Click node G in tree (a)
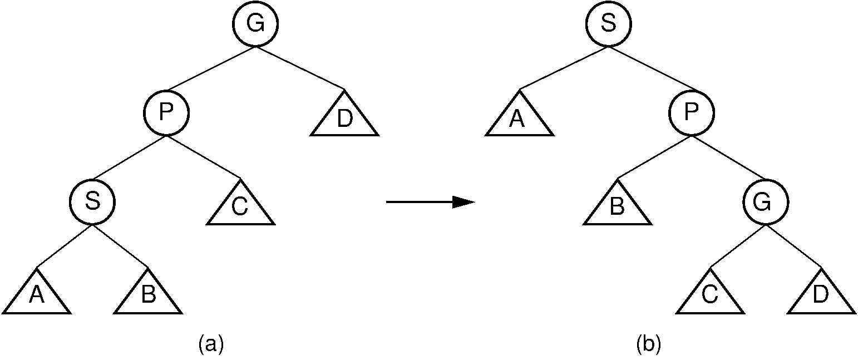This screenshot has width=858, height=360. click(255, 24)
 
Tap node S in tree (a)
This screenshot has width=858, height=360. click(92, 201)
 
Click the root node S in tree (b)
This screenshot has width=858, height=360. click(608, 24)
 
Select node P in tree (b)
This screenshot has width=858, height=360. click(692, 113)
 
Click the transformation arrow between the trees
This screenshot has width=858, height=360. click(430, 202)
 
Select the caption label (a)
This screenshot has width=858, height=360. click(211, 345)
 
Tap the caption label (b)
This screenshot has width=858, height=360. click(648, 345)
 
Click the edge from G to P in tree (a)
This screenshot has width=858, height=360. click(211, 68)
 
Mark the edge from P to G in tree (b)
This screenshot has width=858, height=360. click(728, 157)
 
